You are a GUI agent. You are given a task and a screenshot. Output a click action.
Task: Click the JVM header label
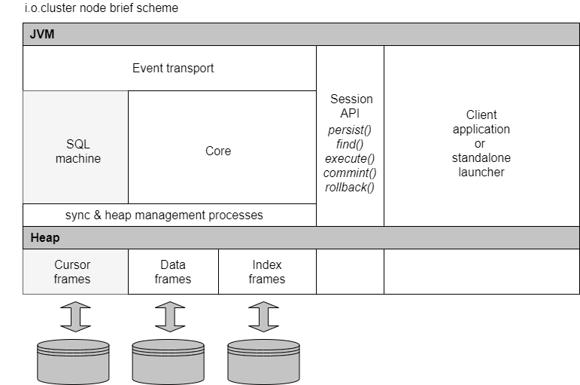tap(42, 35)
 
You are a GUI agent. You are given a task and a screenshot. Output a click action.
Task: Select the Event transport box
tap(173, 69)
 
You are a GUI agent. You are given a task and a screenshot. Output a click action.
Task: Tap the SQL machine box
tap(77, 151)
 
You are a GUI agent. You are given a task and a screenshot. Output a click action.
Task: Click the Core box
tap(218, 151)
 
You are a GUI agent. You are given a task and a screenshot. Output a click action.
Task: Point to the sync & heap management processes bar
tap(164, 215)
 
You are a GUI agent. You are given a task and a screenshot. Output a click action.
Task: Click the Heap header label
tap(45, 238)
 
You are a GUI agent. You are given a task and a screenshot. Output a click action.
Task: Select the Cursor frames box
tap(72, 272)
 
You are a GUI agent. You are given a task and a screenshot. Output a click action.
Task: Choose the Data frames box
tap(173, 272)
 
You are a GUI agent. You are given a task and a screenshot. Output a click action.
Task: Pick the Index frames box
tap(267, 272)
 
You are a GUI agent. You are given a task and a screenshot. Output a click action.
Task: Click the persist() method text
tap(350, 130)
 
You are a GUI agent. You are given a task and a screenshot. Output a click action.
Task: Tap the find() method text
tap(350, 144)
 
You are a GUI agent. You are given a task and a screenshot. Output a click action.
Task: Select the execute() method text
tap(350, 158)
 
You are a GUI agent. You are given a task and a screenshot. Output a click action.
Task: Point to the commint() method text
tap(350, 173)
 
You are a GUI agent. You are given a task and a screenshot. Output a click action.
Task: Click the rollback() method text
tap(350, 187)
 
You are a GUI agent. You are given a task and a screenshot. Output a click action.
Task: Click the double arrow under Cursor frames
tap(75, 316)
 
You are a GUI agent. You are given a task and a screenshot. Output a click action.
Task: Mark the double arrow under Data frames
tap(170, 316)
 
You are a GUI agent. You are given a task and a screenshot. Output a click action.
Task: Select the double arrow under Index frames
tap(263, 316)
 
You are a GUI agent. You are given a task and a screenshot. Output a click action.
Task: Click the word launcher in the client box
tap(481, 172)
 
